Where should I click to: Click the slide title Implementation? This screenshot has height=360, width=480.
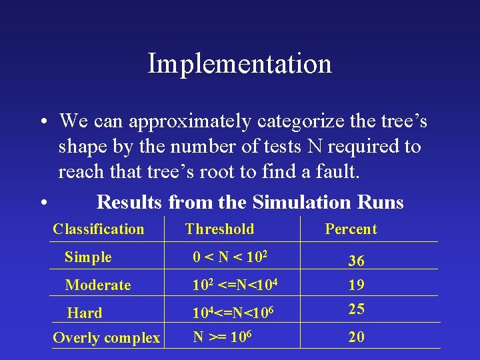point(239,64)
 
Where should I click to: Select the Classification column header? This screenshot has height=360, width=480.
point(98,229)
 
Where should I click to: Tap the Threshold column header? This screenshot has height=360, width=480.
point(219,229)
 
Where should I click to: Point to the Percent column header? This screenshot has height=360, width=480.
point(351,229)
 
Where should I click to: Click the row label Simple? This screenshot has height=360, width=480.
point(88,257)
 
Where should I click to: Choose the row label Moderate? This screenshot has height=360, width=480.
point(98,285)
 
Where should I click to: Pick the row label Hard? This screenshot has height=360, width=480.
point(85,313)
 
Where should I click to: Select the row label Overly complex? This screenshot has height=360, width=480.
point(106,338)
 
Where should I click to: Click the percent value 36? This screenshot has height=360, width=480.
point(356,262)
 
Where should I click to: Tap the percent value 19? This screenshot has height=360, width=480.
point(356,285)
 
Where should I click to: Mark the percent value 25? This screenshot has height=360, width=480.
point(356,309)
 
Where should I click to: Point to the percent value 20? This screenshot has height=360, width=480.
point(356,337)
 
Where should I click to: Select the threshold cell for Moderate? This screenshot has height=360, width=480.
point(235,285)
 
